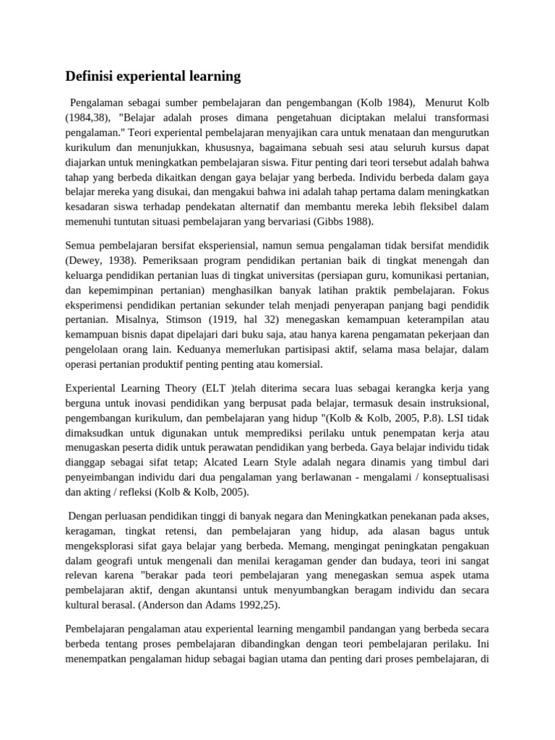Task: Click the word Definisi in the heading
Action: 90,76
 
